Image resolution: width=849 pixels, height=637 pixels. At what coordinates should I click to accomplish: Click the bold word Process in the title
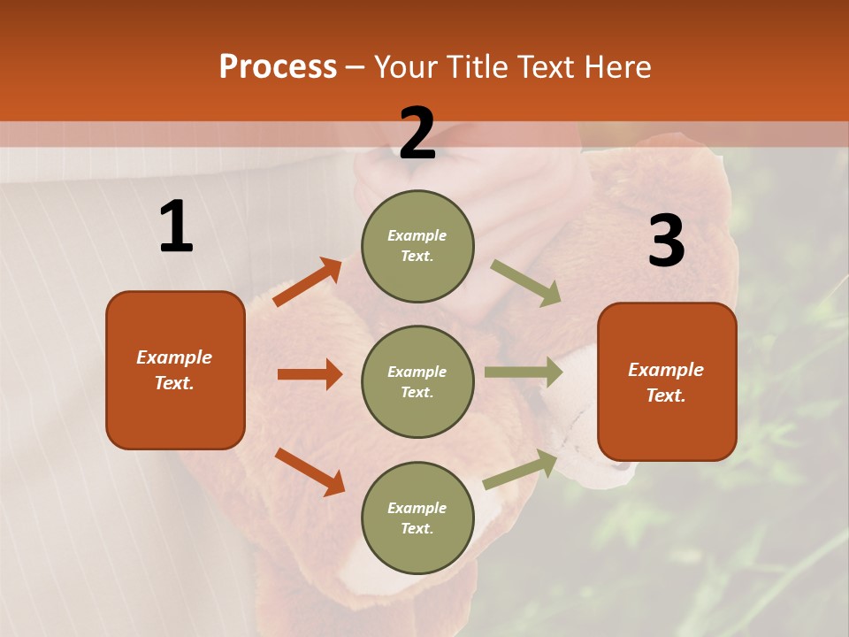pos(278,67)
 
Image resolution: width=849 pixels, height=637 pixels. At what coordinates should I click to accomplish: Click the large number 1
pos(176,227)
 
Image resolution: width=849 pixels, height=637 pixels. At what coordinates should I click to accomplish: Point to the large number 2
pos(417,134)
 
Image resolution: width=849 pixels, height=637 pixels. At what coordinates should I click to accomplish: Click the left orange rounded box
pos(175,370)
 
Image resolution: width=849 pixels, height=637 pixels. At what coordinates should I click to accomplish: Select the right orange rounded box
pos(667,382)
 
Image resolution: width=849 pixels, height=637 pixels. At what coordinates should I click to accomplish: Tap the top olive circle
pos(417,246)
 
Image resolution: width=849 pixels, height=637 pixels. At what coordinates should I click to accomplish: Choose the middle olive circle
pos(417,382)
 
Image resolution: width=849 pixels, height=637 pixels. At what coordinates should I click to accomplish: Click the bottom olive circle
pos(417,518)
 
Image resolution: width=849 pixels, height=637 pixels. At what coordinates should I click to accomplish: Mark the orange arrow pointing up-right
pos(308,281)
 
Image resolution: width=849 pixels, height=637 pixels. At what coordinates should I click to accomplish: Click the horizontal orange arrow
pos(310,374)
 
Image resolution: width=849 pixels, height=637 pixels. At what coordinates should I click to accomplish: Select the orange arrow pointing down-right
pos(310,472)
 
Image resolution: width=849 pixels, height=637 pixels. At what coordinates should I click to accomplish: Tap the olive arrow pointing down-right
pos(526,283)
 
